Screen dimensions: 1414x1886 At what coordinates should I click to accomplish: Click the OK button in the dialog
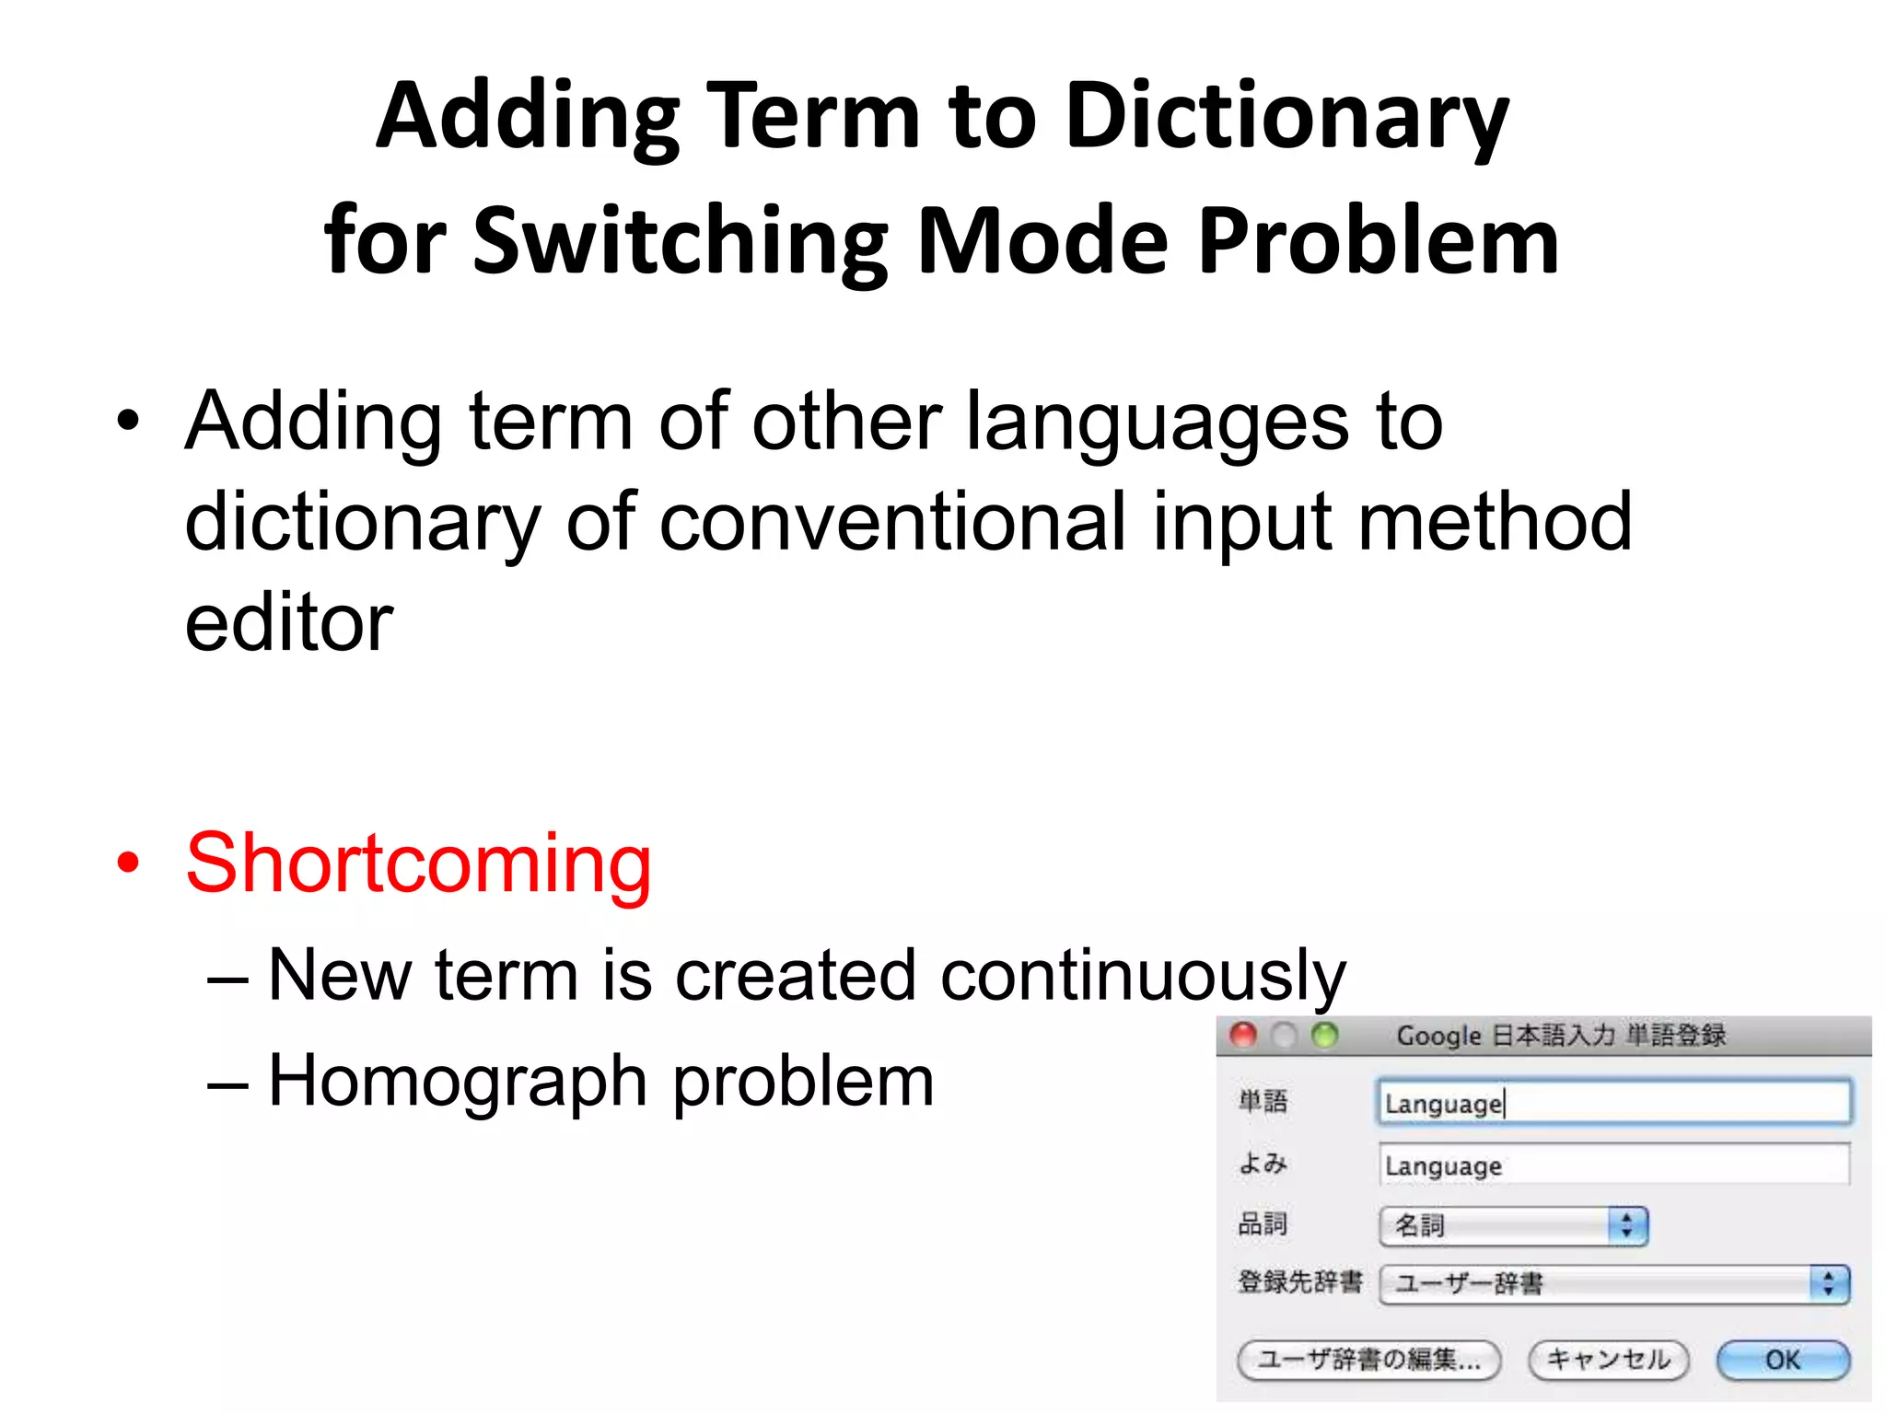1782,1360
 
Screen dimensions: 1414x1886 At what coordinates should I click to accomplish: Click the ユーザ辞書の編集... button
1368,1360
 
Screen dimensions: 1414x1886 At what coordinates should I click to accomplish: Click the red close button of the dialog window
1243,1036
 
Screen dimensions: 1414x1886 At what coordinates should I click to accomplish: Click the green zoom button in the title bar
1324,1036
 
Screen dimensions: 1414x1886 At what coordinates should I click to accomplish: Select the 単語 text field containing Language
1613,1103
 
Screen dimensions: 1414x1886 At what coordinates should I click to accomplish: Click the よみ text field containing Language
1613,1165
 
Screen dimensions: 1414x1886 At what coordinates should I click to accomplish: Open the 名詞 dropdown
1513,1225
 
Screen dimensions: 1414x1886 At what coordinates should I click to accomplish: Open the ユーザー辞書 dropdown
1613,1283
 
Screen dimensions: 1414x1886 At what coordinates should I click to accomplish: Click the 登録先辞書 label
1299,1281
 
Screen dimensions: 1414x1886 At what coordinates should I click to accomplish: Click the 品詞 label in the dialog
1262,1223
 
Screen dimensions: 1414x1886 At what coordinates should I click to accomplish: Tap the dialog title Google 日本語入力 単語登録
1561,1036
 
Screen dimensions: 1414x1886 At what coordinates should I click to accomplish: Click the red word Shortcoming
418,863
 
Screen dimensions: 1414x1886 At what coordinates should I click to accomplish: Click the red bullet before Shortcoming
128,863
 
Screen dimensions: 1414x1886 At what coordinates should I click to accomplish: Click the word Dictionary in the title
1286,116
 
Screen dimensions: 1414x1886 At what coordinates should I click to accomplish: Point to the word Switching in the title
681,241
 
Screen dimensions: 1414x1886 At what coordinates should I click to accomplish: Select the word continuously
1142,976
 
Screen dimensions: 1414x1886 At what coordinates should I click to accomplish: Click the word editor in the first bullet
288,622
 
